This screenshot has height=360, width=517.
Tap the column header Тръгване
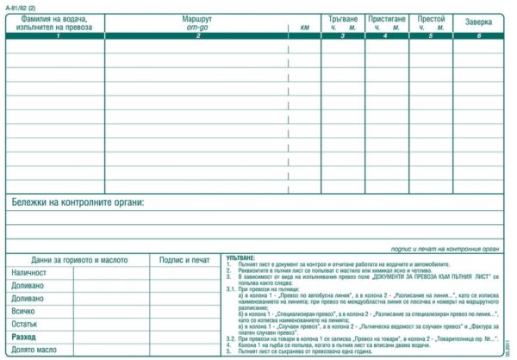342,18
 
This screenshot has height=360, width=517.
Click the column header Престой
431,18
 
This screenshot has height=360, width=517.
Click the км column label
304,28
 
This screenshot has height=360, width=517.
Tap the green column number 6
479,36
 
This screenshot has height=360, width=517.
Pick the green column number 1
57,36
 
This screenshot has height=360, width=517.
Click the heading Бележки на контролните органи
78,202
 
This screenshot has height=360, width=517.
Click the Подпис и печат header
185,259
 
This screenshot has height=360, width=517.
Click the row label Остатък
25,324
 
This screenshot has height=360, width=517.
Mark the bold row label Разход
24,337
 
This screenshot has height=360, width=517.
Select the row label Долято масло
34,350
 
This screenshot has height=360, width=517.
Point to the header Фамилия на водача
57,18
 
